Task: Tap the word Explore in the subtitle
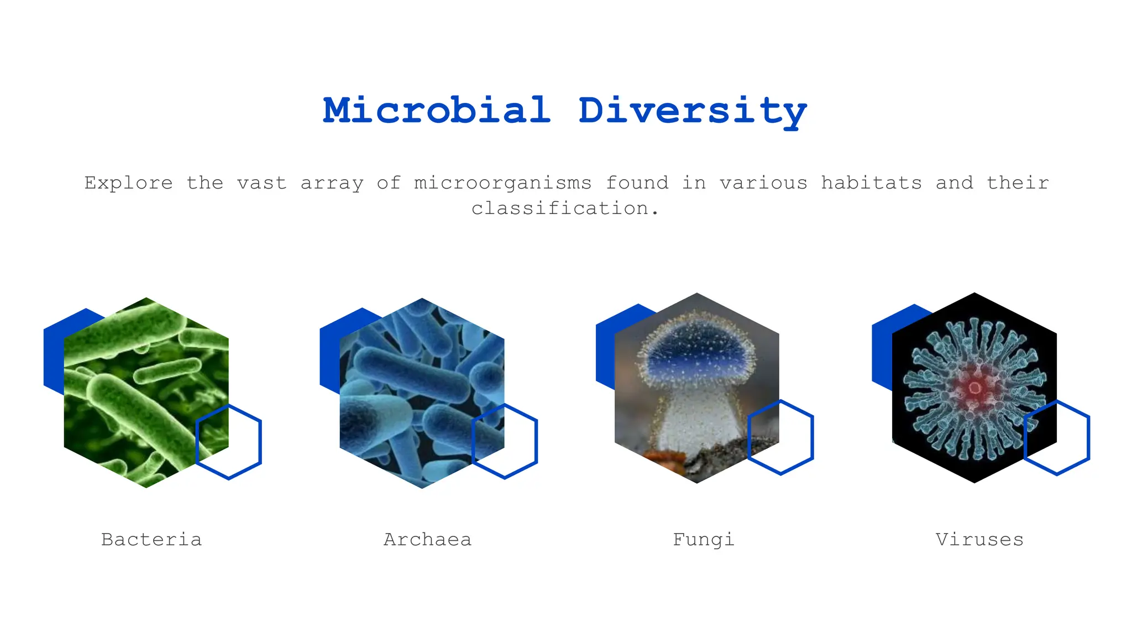pyautogui.click(x=128, y=182)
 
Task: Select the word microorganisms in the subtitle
pyautogui.click(x=502, y=182)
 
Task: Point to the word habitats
pyautogui.click(x=871, y=182)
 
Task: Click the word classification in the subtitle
pyautogui.click(x=560, y=208)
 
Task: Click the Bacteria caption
pyautogui.click(x=151, y=539)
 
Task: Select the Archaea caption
pyautogui.click(x=427, y=539)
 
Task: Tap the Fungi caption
pyautogui.click(x=703, y=539)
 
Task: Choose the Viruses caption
pyautogui.click(x=979, y=539)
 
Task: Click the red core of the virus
pyautogui.click(x=974, y=387)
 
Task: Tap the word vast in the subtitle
pyautogui.click(x=261, y=182)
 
